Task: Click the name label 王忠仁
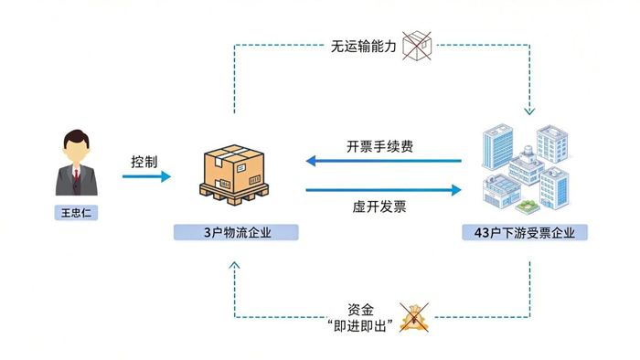(76, 213)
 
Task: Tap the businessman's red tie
(76, 175)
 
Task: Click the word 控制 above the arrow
(144, 162)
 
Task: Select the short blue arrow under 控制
(146, 176)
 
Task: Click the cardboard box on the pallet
(234, 168)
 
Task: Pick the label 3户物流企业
(236, 232)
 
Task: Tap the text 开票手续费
(379, 146)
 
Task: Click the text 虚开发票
(379, 206)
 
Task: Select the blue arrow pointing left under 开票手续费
(384, 161)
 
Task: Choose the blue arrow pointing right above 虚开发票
(384, 189)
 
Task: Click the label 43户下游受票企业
(525, 232)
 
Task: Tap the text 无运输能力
(363, 47)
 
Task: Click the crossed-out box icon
(417, 46)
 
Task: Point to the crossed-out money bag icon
(414, 317)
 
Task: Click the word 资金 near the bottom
(360, 310)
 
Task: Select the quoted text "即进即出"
(360, 326)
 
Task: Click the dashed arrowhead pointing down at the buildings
(529, 111)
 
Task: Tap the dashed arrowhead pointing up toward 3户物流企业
(234, 265)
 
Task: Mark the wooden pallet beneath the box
(234, 195)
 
